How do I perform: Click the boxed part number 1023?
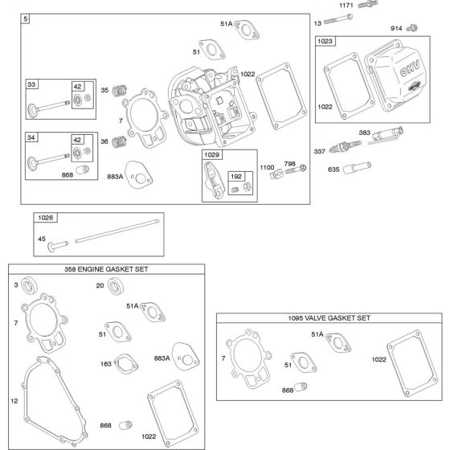325,40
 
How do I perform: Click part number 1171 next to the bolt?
346,5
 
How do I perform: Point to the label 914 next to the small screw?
396,28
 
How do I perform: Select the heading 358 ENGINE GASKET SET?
106,269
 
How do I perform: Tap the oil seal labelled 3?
30,285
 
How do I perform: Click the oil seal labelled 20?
117,284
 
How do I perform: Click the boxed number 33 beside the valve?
31,84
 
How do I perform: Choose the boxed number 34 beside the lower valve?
31,137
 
